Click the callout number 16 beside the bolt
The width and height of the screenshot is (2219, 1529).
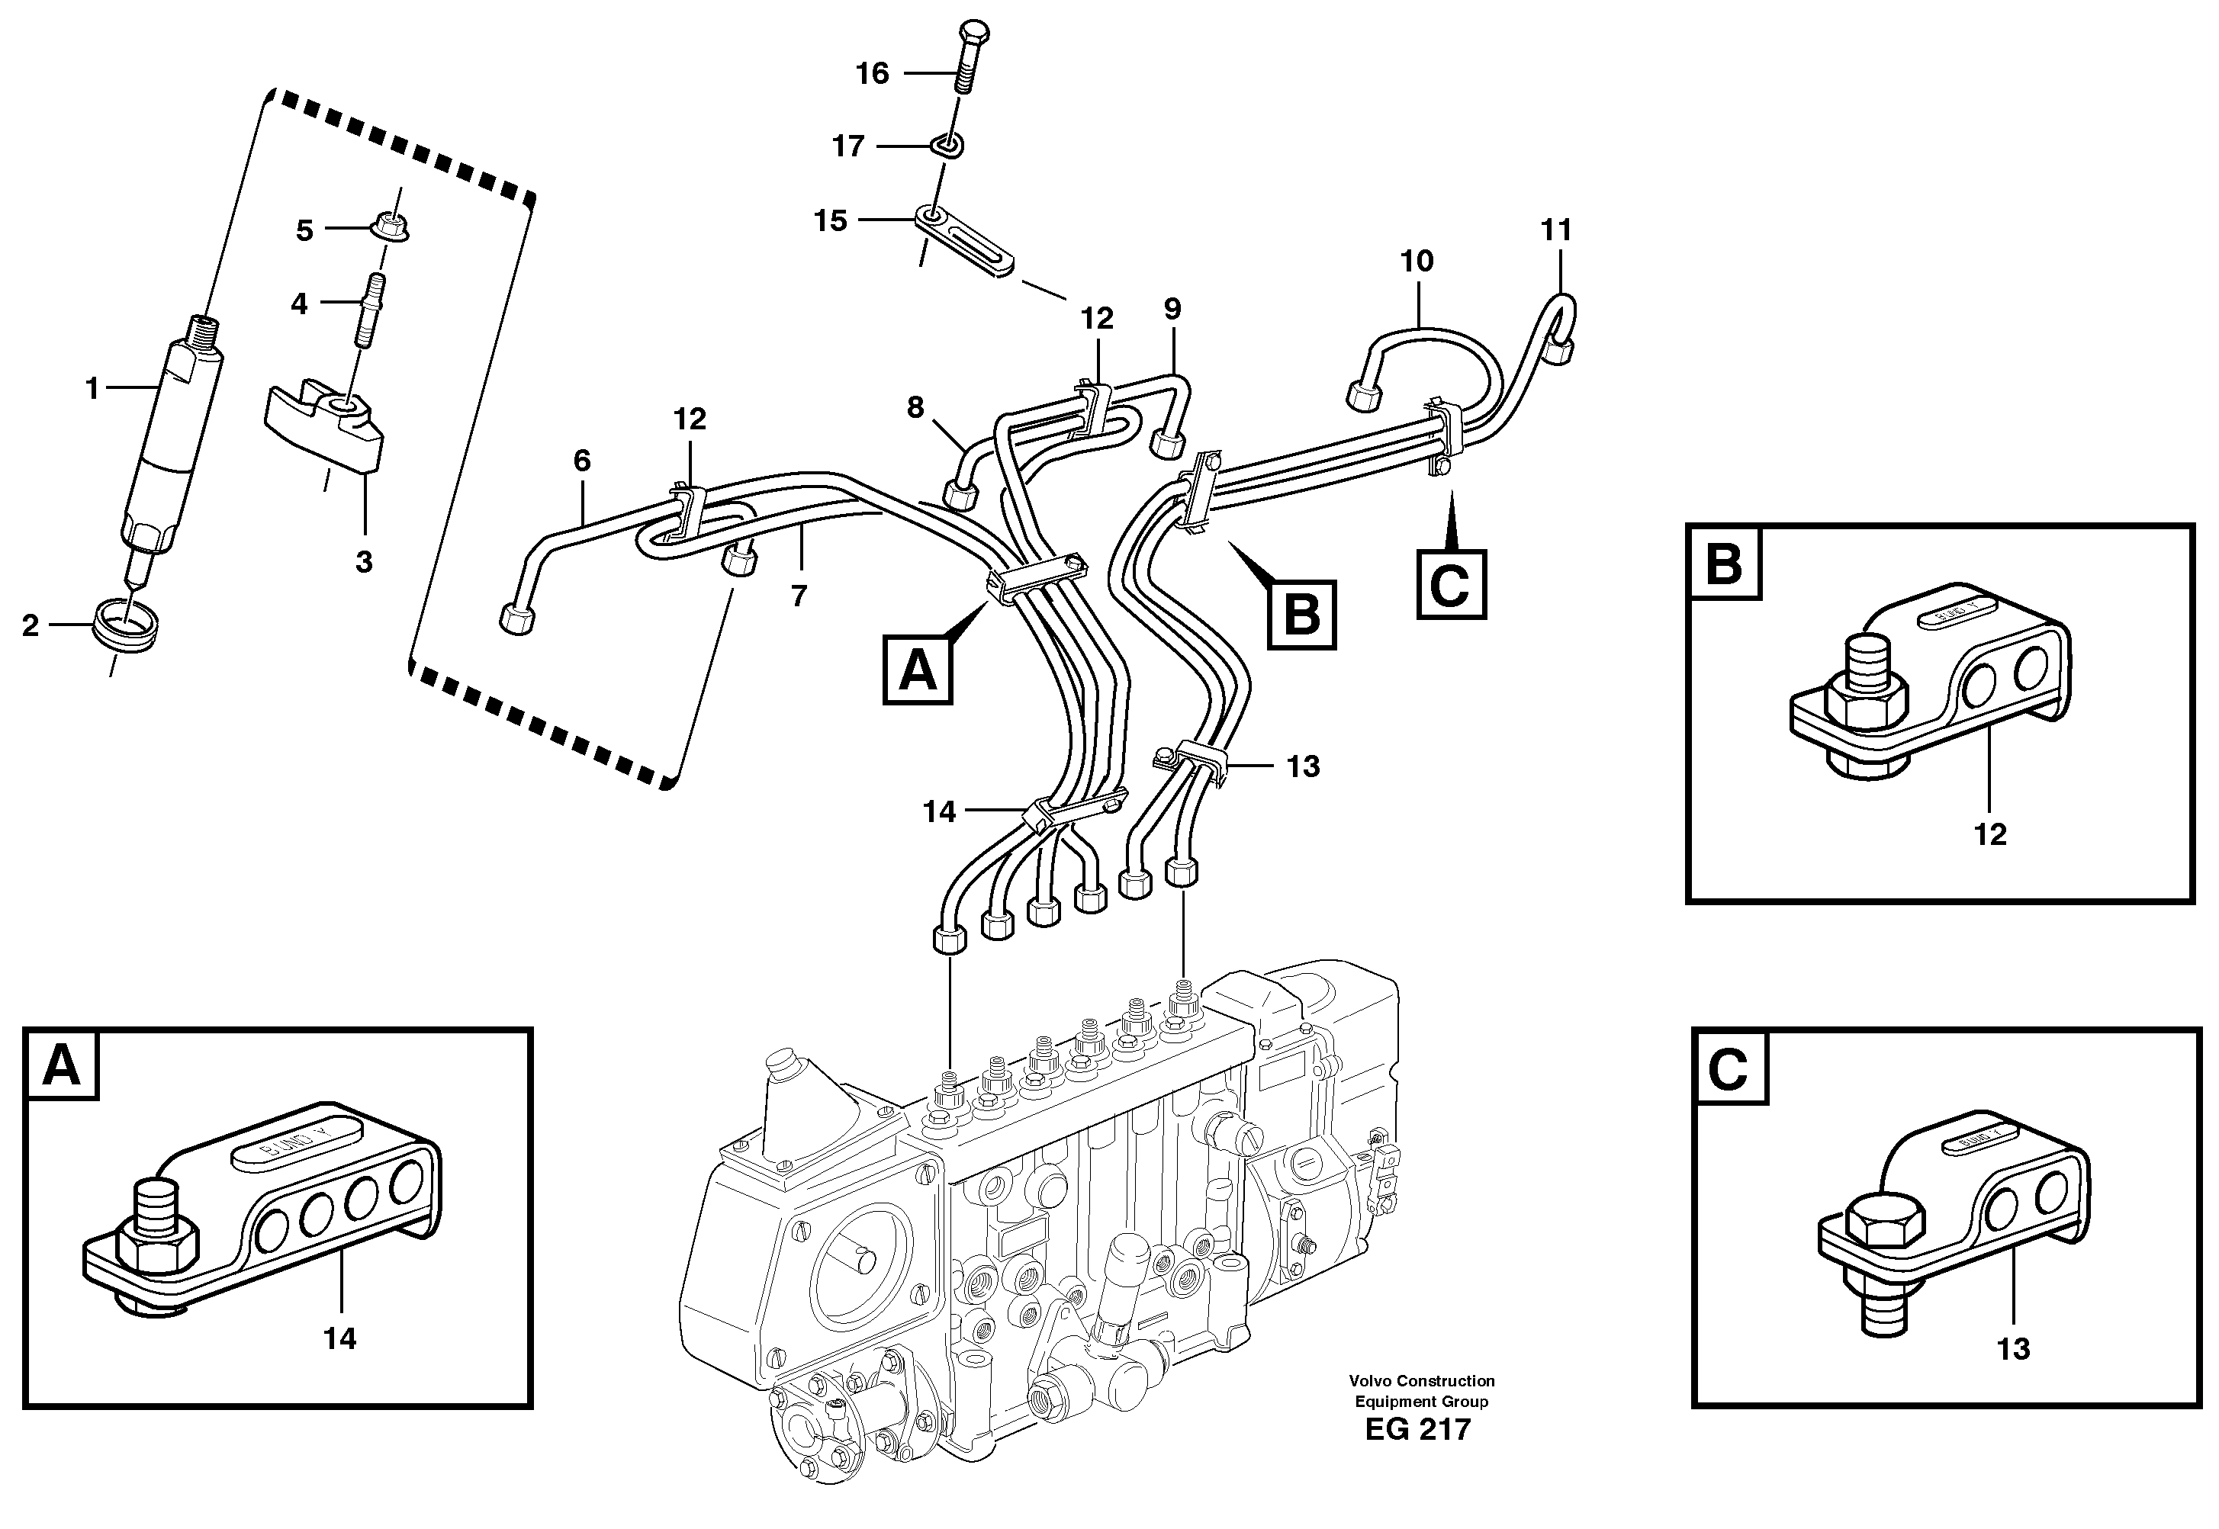click(872, 74)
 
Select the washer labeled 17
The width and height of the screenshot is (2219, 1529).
click(947, 146)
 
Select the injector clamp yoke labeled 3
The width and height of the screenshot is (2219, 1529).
click(326, 426)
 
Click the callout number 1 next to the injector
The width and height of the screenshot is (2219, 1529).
click(92, 388)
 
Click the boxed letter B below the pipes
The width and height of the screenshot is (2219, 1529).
click(1301, 614)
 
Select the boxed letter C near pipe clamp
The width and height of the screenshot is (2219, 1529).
click(1451, 583)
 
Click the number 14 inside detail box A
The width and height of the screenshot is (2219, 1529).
click(339, 1338)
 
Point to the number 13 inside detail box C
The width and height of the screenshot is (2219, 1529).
click(2013, 1349)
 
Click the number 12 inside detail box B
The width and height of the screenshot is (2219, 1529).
click(1990, 834)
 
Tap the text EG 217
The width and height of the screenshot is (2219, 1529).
click(1418, 1429)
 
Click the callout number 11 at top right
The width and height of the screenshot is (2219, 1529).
click(1556, 230)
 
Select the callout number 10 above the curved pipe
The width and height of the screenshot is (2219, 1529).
click(1417, 261)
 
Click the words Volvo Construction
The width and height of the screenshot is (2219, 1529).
click(1422, 1380)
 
